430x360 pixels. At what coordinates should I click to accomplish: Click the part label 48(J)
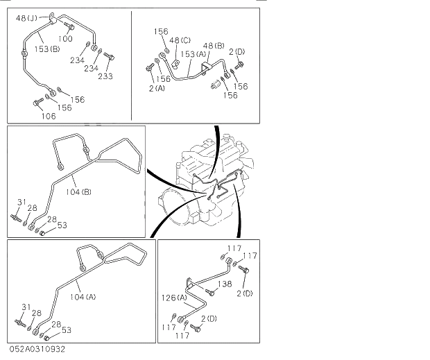tap(26, 17)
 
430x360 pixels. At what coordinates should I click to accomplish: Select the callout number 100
tap(65, 39)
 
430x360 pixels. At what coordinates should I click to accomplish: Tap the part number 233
tap(105, 76)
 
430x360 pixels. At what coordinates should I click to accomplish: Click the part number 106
tap(48, 116)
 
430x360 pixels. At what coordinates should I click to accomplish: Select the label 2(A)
tap(156, 87)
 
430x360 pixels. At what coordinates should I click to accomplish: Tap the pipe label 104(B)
tap(78, 191)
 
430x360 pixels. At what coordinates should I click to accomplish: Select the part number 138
tap(225, 284)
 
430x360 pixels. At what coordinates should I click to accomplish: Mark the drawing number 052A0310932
tap(37, 349)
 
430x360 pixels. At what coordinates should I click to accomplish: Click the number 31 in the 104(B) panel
tap(21, 202)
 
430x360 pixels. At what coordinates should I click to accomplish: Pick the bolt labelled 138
tap(210, 292)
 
